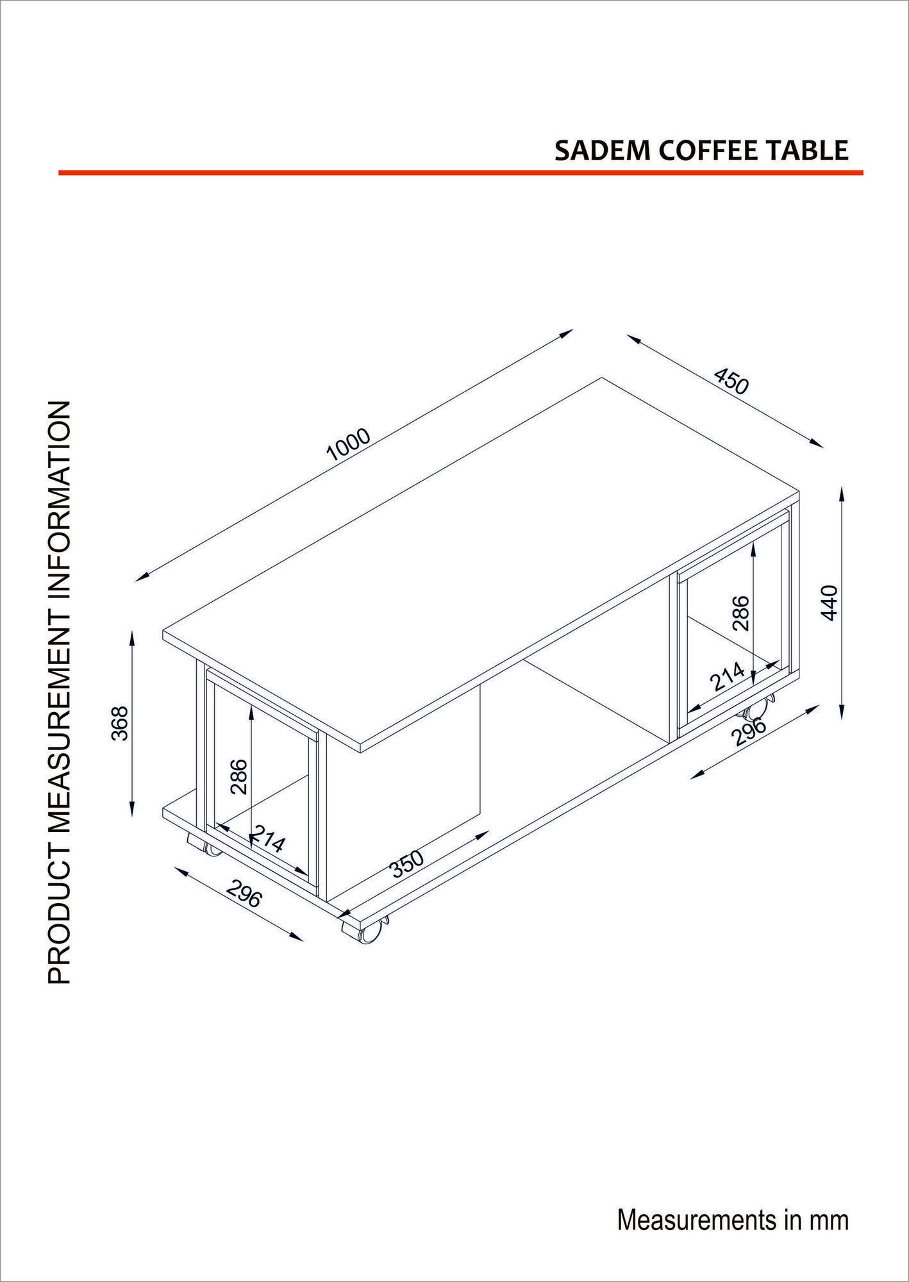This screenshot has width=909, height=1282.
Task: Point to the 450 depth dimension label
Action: pyautogui.click(x=731, y=381)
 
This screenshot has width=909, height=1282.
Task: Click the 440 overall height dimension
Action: pyautogui.click(x=830, y=602)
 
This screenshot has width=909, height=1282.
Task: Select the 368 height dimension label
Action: pyautogui.click(x=121, y=723)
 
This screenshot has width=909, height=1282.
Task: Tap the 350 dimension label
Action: pyautogui.click(x=408, y=863)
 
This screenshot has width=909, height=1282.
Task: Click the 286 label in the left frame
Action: pyautogui.click(x=239, y=776)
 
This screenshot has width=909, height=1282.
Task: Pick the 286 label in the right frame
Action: pyautogui.click(x=740, y=613)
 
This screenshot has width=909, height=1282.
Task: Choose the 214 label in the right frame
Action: pyautogui.click(x=728, y=676)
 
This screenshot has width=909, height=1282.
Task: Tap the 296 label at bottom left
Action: pyautogui.click(x=244, y=894)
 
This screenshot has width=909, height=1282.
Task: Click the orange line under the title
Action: pyautogui.click(x=461, y=172)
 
